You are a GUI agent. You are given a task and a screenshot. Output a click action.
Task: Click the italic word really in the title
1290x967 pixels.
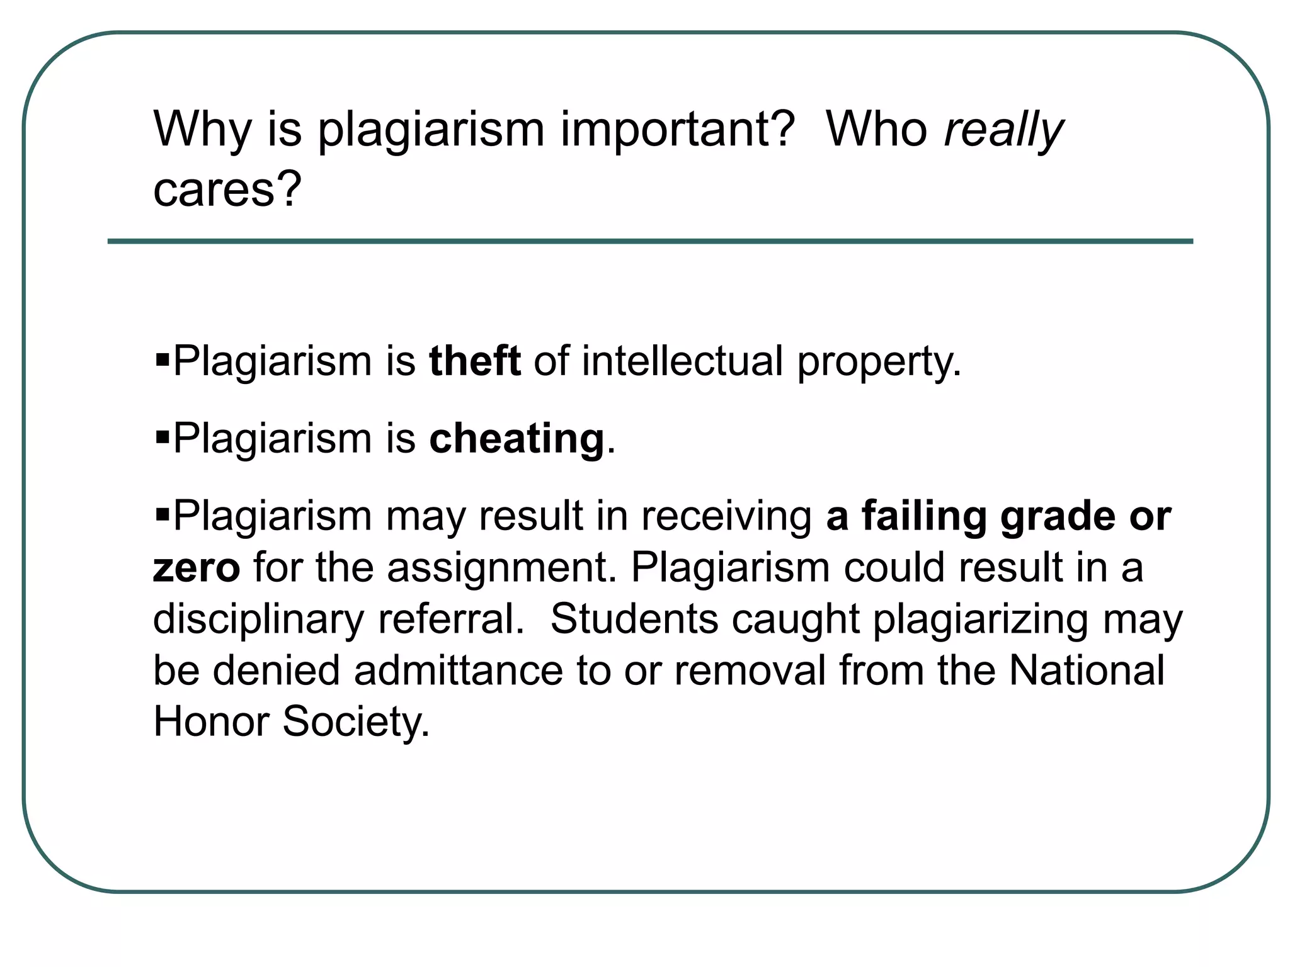coord(1004,131)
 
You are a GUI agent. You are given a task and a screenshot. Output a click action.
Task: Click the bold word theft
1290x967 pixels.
coord(475,361)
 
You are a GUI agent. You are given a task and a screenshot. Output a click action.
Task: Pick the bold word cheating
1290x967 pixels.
coord(517,439)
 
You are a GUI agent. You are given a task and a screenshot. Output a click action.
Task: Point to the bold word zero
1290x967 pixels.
coord(197,567)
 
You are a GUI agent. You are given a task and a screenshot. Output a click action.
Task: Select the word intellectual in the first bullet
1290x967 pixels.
coord(682,361)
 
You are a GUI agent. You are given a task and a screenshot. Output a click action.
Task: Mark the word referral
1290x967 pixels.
coord(450,619)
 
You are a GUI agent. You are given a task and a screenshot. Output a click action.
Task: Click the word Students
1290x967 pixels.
coord(634,619)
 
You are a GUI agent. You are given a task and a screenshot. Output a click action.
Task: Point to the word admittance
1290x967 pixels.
coord(458,670)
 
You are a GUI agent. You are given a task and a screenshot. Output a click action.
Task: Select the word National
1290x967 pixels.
coord(1087,670)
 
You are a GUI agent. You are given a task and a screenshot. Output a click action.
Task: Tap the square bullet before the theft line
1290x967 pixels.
coord(163,361)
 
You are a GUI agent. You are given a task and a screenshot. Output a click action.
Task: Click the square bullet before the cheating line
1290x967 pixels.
coord(163,437)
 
